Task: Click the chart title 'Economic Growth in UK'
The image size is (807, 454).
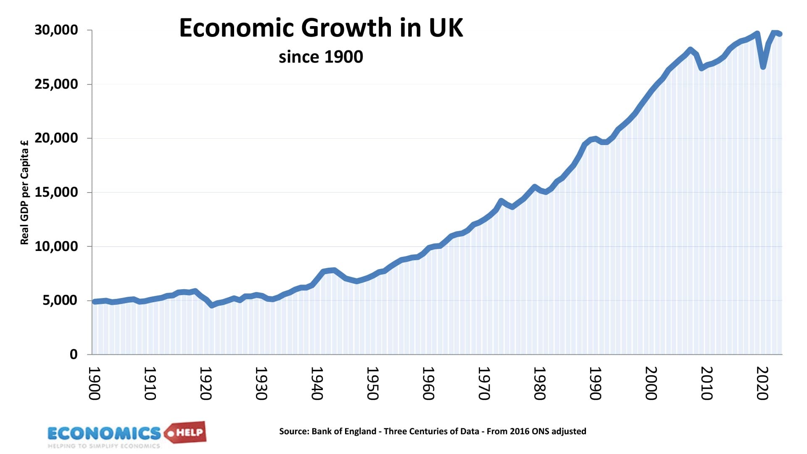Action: [321, 28]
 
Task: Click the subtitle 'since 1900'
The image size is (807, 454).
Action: [321, 57]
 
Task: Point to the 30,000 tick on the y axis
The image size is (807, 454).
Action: [56, 30]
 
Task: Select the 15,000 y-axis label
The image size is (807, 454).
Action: [56, 192]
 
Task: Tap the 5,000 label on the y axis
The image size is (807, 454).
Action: [60, 300]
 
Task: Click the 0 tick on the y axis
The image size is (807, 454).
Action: [74, 354]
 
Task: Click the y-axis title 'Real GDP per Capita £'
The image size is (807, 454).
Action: [25, 192]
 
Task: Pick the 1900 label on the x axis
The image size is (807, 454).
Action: [95, 383]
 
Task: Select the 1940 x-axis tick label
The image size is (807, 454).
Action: [317, 383]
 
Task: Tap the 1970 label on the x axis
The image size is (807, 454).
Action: [484, 383]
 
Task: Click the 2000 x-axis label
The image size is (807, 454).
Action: [651, 383]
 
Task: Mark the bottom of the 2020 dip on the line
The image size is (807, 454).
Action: [763, 67]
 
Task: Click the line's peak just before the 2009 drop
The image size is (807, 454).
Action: [690, 50]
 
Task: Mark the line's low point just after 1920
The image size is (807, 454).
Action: [212, 306]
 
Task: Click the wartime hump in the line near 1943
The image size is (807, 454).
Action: [333, 270]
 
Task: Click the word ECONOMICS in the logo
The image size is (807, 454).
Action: [104, 433]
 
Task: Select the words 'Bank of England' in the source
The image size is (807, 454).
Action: [344, 431]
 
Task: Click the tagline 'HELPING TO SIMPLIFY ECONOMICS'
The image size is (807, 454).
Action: [104, 446]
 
